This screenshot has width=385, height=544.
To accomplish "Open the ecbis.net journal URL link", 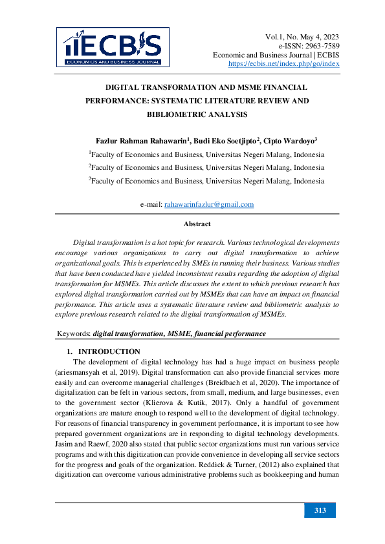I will pos(284,64).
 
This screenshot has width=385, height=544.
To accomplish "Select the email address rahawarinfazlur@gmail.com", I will pos(208,204).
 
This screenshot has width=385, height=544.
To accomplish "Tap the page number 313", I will pos(320,511).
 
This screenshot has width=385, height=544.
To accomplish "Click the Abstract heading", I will pos(197,224).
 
